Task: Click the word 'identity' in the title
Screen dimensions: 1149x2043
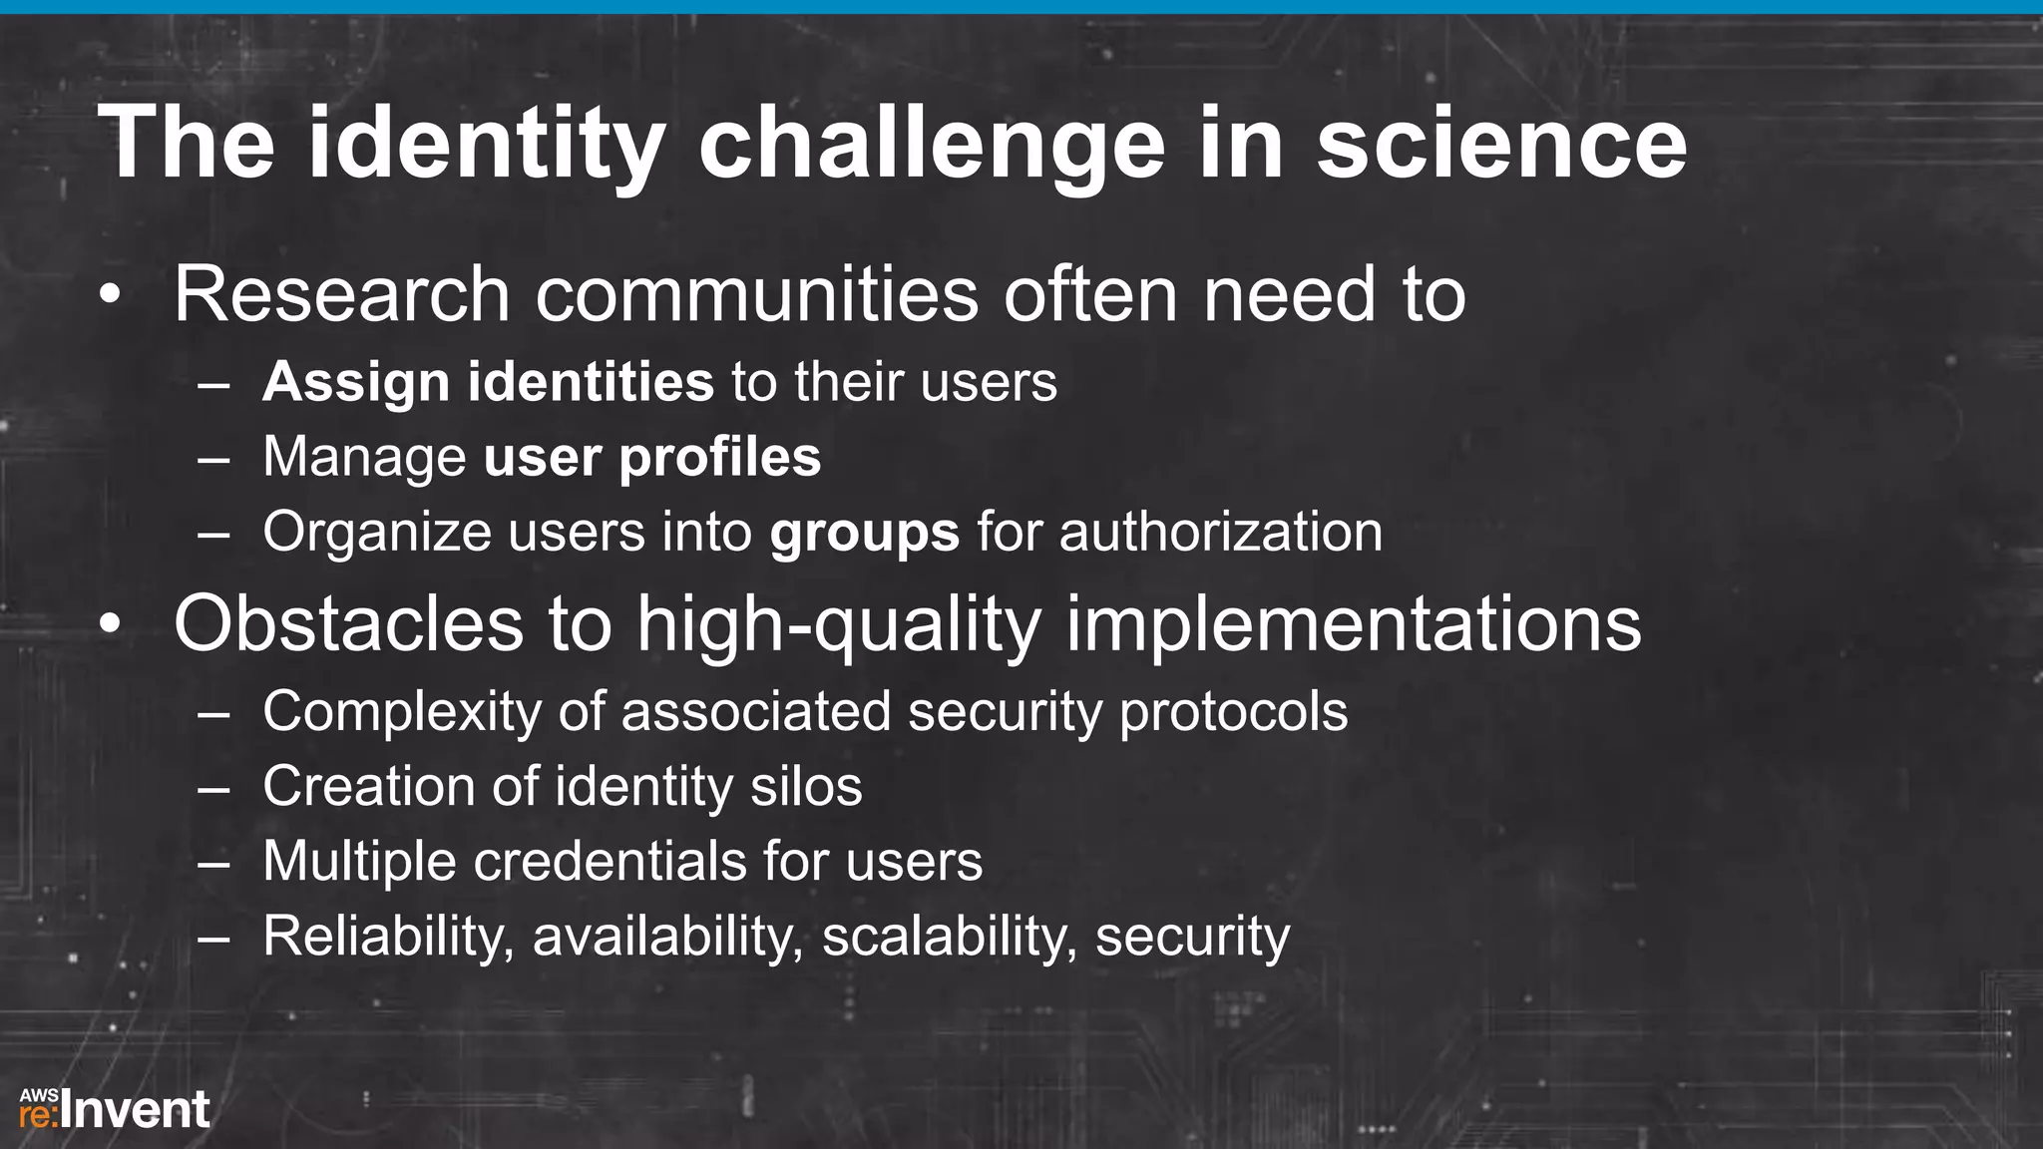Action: click(x=485, y=145)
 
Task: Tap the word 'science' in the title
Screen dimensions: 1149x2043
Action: click(x=1501, y=145)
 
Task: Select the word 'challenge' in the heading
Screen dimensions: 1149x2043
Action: click(x=932, y=145)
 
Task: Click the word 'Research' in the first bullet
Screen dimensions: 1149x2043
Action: click(x=342, y=294)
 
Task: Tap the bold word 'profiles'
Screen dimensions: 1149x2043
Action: click(x=719, y=458)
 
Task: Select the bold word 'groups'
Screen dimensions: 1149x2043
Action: click(x=864, y=533)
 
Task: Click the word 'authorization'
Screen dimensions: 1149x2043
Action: click(x=1220, y=532)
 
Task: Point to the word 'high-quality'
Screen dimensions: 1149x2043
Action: click(x=839, y=625)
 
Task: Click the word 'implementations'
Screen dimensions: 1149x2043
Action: click(x=1354, y=624)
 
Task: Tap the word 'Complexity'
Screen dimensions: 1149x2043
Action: click(x=402, y=712)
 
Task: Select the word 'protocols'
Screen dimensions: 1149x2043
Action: click(x=1233, y=712)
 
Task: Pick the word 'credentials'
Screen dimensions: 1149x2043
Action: click(x=610, y=861)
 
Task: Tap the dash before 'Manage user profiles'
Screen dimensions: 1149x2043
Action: click(x=213, y=459)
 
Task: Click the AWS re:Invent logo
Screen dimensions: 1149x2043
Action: click(x=115, y=1109)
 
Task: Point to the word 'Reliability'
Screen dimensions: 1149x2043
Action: click(x=388, y=936)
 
